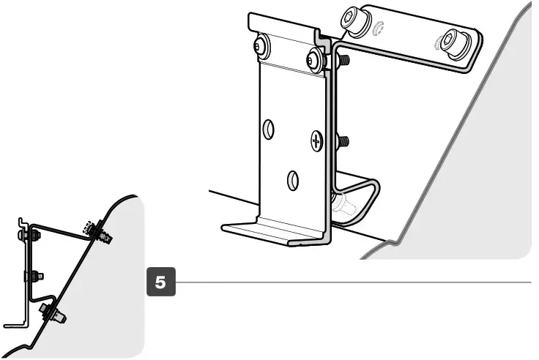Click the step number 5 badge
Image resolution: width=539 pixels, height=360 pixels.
[x=161, y=282]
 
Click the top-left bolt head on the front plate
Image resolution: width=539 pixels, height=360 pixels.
[x=261, y=48]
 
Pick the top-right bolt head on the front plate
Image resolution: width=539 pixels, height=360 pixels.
[x=315, y=60]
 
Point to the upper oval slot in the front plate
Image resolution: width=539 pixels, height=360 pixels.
[x=269, y=130]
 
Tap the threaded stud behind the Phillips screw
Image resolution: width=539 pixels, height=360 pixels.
[x=343, y=140]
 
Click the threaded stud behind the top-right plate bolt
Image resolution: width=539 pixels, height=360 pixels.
[x=343, y=59]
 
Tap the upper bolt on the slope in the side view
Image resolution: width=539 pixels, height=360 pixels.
[x=100, y=230]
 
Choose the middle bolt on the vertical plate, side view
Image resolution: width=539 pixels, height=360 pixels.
[x=32, y=276]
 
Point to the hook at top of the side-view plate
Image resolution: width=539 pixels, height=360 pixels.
[x=22, y=220]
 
